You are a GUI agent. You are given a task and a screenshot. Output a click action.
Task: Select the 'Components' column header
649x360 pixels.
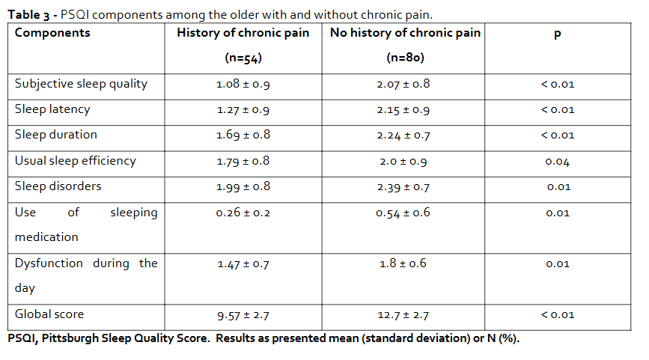click(52, 33)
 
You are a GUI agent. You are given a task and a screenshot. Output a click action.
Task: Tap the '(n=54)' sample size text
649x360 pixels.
click(243, 58)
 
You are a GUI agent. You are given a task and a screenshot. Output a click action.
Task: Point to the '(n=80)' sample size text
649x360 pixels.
click(404, 58)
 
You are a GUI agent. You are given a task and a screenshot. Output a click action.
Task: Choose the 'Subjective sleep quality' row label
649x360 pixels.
click(81, 84)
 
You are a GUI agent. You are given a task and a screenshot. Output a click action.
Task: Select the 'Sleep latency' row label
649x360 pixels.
click(52, 109)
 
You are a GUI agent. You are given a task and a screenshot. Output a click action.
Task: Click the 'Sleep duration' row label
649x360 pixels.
click(56, 135)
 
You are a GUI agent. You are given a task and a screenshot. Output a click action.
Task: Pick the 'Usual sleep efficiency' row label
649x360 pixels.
click(75, 160)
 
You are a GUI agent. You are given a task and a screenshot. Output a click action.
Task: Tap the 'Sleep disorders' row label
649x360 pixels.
click(58, 186)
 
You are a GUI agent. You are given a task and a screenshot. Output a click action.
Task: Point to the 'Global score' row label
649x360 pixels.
click(49, 314)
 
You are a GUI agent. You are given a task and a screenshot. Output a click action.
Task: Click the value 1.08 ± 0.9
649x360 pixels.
click(243, 85)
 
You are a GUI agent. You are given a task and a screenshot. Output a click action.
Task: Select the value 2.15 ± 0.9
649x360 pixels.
click(404, 110)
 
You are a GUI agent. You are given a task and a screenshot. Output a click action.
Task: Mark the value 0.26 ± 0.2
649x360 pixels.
click(243, 213)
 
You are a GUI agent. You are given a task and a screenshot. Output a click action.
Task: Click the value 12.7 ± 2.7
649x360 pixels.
click(404, 315)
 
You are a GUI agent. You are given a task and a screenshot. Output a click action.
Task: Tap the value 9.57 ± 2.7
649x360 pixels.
click(243, 315)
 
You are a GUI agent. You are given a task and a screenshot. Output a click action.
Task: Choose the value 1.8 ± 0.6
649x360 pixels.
click(404, 263)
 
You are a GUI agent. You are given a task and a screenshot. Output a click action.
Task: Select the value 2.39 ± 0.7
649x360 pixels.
click(404, 186)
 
